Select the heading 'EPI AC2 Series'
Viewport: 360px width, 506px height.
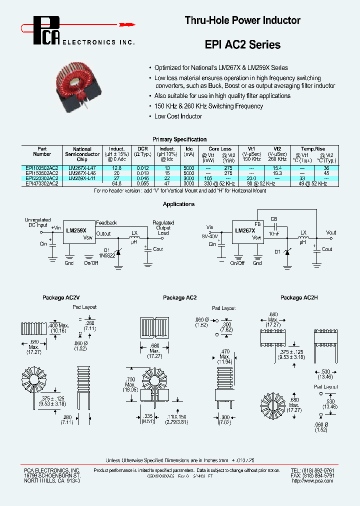pos(242,45)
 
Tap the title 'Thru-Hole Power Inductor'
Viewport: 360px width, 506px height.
pos(242,20)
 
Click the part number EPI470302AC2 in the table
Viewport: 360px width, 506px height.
pos(42,183)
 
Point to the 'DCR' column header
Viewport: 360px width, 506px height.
pos(142,149)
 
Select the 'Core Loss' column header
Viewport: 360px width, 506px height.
pos(219,149)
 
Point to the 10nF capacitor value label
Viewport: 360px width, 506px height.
pos(274,233)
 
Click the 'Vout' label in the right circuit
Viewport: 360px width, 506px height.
pos(331,232)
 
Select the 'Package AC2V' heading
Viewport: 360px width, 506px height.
pos(59,298)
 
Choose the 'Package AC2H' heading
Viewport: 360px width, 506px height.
pos(298,298)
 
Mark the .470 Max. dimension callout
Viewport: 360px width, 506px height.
pos(225,356)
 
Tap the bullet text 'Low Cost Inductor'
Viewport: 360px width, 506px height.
pos(178,116)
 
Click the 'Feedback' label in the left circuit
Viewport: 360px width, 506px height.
pos(106,222)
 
